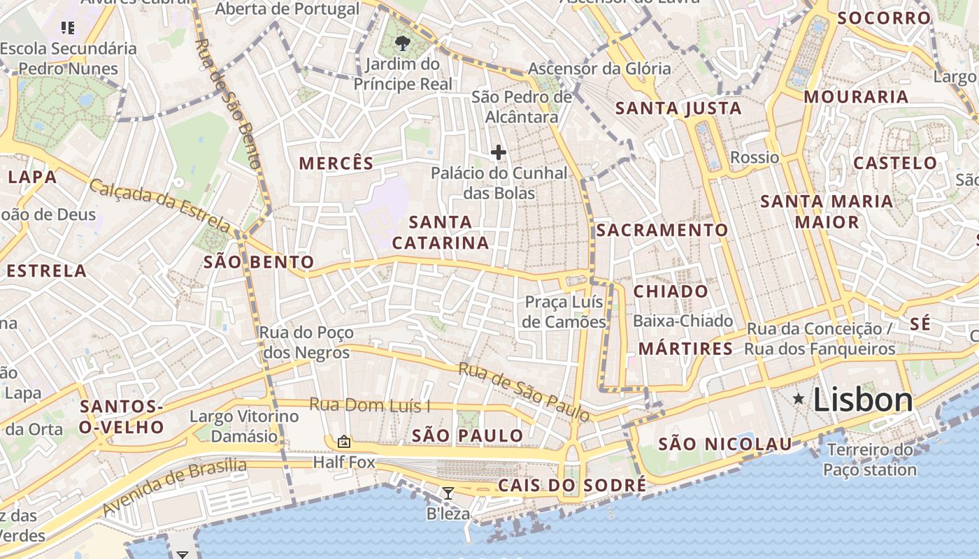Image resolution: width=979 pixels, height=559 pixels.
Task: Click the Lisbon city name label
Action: click(863, 400)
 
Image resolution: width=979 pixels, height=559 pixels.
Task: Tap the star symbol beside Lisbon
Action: click(798, 398)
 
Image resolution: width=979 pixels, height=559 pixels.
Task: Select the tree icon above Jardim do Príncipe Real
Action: click(402, 43)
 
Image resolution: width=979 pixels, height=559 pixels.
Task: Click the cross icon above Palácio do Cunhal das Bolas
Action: click(499, 152)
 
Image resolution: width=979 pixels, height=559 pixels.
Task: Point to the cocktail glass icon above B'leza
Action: click(448, 493)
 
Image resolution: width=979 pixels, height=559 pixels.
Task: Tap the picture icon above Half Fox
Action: click(343, 442)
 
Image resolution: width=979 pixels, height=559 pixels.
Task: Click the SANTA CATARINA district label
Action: click(441, 233)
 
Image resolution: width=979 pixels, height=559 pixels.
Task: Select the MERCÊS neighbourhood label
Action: click(336, 164)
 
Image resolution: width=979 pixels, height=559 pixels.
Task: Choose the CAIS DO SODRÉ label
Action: click(572, 486)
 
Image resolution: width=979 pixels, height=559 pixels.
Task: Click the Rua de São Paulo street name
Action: click(524, 392)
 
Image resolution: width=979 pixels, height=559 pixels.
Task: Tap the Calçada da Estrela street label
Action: click(160, 206)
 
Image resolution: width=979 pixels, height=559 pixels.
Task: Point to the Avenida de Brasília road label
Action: click(175, 487)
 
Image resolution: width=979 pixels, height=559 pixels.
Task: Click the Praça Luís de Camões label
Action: click(565, 312)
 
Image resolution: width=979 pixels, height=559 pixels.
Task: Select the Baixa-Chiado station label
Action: click(683, 321)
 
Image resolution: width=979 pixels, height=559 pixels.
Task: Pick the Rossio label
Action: click(754, 157)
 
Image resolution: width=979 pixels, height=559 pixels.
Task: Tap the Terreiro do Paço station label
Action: click(870, 460)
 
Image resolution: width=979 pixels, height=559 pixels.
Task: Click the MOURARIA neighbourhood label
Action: click(856, 96)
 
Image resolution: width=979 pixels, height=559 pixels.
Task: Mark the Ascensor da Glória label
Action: click(599, 68)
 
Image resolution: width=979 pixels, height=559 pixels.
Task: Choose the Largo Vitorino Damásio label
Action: click(244, 426)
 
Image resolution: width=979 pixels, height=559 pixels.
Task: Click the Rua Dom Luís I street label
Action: click(370, 405)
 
